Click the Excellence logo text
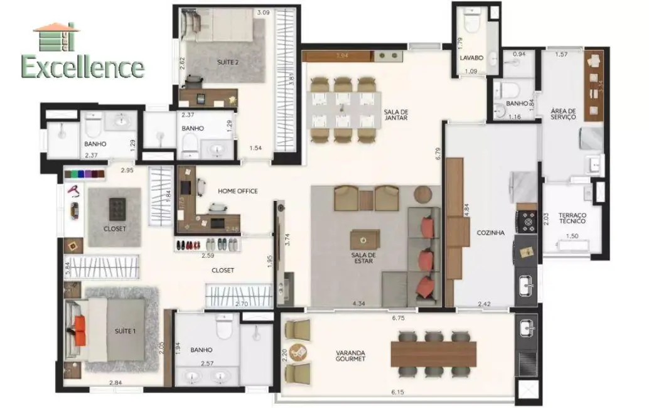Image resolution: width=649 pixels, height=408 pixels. (83, 67)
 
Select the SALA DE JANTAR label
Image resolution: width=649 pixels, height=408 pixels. (396, 114)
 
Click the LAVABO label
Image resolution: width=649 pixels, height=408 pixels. (470, 58)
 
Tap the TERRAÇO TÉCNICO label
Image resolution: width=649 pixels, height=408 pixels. (572, 217)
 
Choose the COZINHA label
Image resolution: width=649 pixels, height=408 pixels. (490, 233)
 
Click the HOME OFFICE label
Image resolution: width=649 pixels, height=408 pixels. (237, 191)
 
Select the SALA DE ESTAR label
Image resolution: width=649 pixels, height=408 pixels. (363, 259)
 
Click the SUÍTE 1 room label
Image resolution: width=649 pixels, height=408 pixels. (124, 331)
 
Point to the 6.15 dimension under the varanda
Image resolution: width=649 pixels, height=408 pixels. (397, 393)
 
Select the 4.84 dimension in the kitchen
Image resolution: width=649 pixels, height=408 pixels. (466, 208)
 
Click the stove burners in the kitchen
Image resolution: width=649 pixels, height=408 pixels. (526, 220)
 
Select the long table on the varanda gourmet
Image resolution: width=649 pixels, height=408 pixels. (434, 353)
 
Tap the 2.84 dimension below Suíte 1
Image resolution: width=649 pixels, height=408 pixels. (115, 384)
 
